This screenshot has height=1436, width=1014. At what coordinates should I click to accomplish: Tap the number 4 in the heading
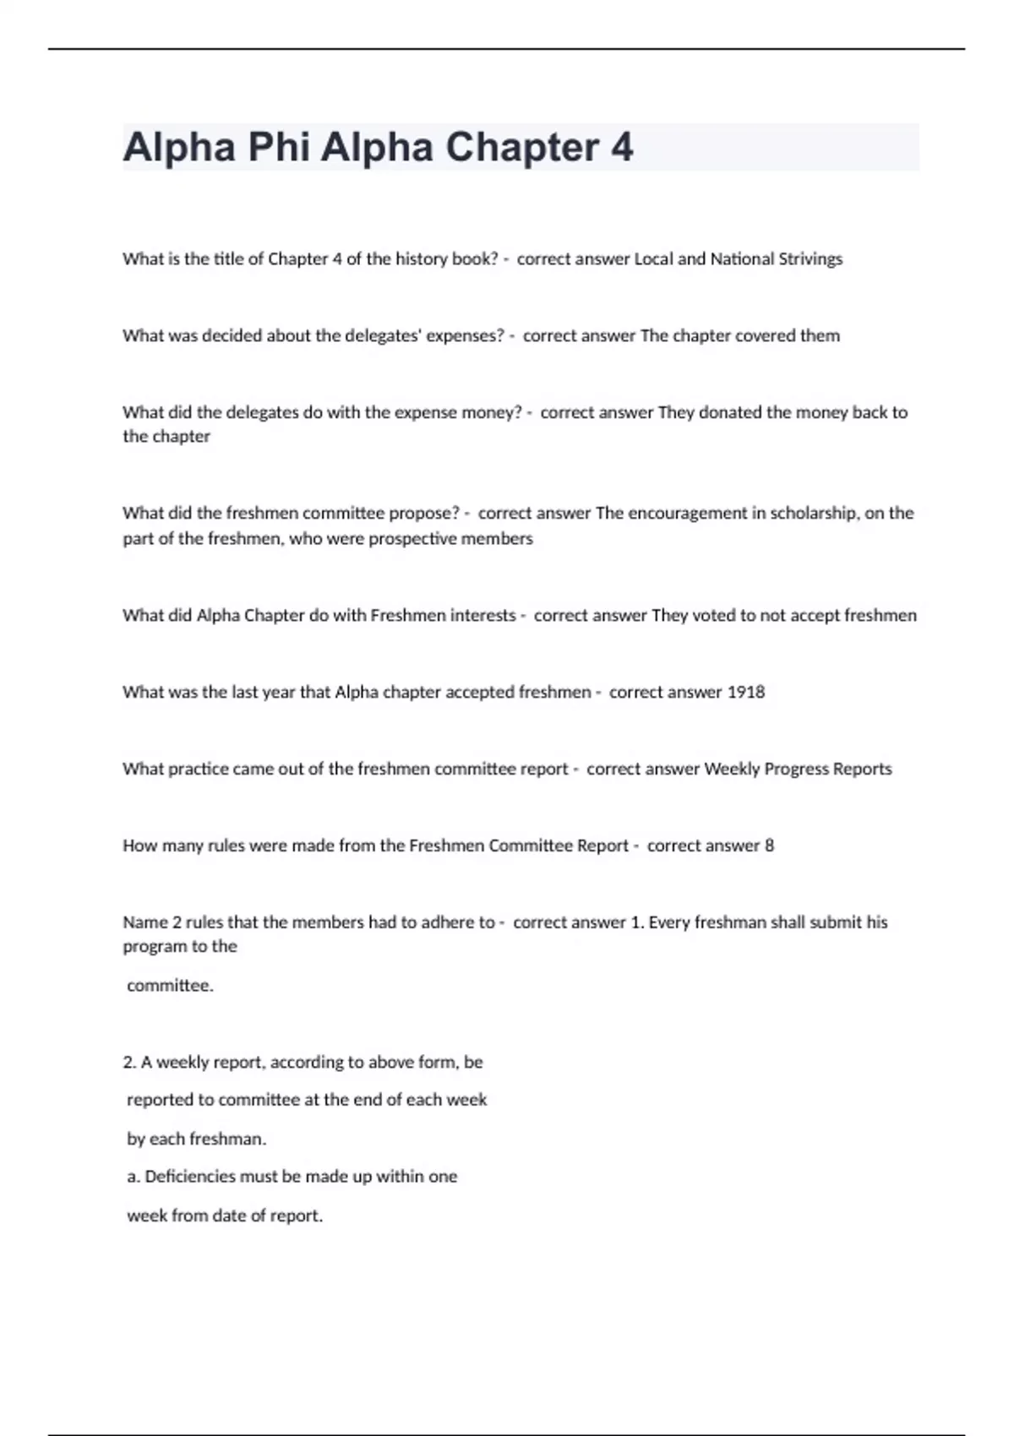[621, 147]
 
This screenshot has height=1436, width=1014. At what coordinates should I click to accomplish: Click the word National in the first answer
[736, 259]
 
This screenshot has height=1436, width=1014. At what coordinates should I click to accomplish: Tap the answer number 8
[769, 846]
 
